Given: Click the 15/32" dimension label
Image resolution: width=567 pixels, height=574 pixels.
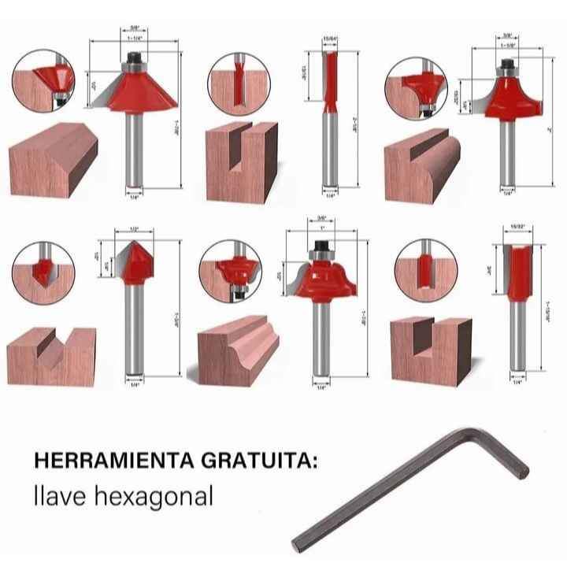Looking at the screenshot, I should point(517,227).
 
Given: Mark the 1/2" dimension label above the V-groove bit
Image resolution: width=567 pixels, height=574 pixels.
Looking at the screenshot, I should point(134,229).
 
